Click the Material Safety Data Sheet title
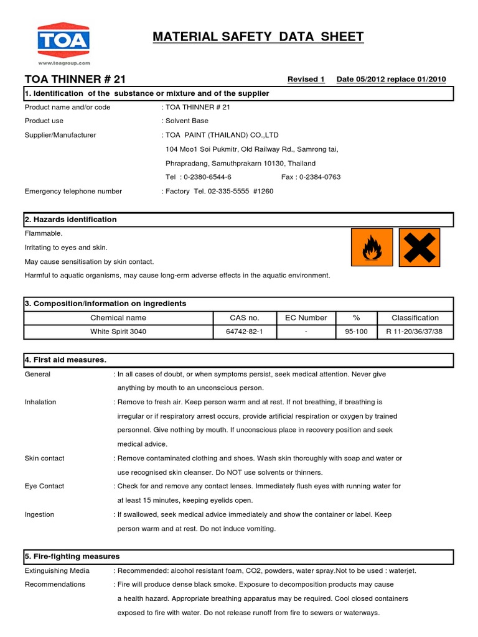click(258, 37)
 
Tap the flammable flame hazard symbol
click(372, 247)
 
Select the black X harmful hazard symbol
click(419, 247)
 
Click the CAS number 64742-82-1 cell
click(244, 332)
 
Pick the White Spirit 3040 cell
click(118, 332)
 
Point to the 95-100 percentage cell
click(356, 332)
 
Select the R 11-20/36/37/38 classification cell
click(415, 332)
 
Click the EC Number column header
click(306, 317)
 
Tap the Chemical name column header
click(118, 317)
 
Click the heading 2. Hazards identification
click(70, 220)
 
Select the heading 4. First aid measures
click(65, 360)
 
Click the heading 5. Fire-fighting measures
click(72, 556)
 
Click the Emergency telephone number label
click(73, 192)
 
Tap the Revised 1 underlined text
click(306, 79)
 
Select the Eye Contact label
click(44, 486)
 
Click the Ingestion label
click(39, 514)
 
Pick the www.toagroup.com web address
click(64, 63)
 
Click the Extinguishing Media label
click(57, 570)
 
